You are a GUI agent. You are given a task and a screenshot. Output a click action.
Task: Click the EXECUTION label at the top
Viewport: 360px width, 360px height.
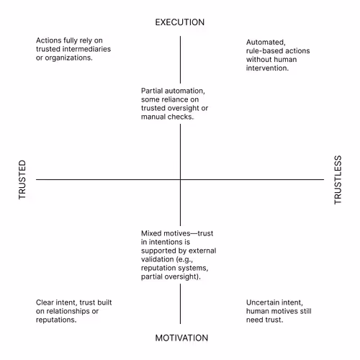[x=180, y=22]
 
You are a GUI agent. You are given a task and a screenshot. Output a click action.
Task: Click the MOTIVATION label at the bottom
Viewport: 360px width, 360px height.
[x=181, y=338]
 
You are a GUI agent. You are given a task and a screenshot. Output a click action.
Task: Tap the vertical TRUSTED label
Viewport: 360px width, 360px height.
[x=22, y=179]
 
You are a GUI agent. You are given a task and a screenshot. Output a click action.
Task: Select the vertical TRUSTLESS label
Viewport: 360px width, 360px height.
[x=338, y=180]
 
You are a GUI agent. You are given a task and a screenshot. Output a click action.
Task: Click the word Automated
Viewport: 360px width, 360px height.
[x=266, y=42]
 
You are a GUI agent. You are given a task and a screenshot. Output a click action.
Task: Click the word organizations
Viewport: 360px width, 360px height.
[x=69, y=58]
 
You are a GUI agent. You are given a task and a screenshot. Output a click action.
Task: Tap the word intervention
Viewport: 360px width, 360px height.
[x=267, y=68]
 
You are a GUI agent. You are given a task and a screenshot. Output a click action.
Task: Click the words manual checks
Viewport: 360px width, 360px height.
[x=167, y=117]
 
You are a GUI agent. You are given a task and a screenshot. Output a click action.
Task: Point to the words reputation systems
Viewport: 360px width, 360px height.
[x=175, y=268]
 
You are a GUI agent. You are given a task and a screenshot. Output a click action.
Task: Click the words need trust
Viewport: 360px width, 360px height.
[x=265, y=320]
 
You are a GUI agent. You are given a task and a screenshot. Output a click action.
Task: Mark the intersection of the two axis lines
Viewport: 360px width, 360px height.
[x=180, y=179]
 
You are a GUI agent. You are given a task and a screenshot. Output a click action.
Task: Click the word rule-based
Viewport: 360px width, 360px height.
[x=263, y=51]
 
